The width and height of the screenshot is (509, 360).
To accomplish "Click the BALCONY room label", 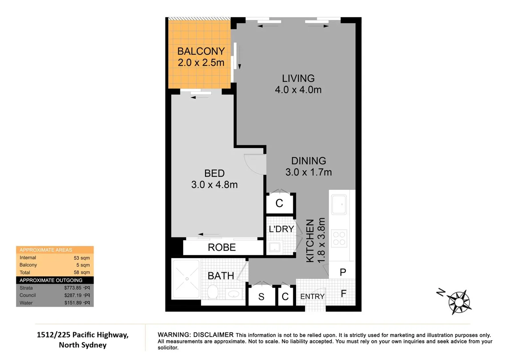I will click(x=201, y=51).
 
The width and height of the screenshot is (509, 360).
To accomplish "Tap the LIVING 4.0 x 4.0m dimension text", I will click(x=298, y=90).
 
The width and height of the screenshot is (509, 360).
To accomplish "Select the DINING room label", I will click(x=308, y=161).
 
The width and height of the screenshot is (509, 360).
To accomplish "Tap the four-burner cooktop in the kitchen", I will click(x=339, y=238).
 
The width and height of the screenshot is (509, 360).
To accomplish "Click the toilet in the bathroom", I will click(x=213, y=292).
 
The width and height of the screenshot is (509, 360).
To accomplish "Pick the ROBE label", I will click(x=222, y=247).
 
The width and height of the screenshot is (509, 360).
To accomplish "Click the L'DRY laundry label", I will click(x=281, y=229).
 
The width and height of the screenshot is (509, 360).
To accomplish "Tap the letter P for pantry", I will click(x=343, y=272).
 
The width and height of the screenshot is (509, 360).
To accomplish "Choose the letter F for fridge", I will click(x=343, y=294).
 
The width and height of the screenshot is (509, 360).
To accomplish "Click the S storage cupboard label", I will click(x=261, y=297).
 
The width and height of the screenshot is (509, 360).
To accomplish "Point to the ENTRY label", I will click(x=312, y=296).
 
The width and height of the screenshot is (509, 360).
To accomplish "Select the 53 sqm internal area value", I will click(x=82, y=258).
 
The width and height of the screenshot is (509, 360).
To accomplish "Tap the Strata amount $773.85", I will click(x=73, y=288).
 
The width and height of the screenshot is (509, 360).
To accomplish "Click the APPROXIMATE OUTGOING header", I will click(x=51, y=280).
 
